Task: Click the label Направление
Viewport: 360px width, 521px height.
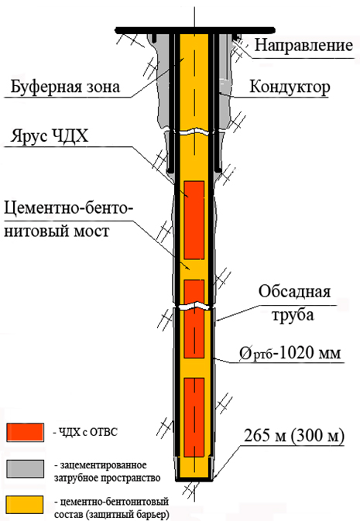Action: coord(303,46)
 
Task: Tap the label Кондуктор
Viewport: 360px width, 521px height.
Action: coord(290,87)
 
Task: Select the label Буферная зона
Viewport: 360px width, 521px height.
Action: coord(65,87)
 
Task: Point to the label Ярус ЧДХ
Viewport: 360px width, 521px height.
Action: coord(50,136)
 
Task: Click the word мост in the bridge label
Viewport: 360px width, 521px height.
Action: coord(91,231)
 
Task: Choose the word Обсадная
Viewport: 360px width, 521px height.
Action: coord(294,291)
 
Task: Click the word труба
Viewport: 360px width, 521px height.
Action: coord(293,314)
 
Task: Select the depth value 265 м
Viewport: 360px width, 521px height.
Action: coord(265,436)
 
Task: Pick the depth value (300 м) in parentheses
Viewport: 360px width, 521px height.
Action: coord(318,436)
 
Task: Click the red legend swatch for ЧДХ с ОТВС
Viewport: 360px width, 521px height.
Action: coord(26,432)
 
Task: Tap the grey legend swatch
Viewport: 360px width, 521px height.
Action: coord(26,468)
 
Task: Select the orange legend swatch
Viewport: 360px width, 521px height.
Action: coord(26,505)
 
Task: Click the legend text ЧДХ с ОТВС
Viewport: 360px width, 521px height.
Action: coord(88,432)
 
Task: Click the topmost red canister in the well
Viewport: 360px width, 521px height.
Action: coord(194,220)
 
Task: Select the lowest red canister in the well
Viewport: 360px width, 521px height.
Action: coord(194,417)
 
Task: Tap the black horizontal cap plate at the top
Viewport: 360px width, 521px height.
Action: coord(195,30)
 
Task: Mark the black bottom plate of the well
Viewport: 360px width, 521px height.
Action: coord(194,479)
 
